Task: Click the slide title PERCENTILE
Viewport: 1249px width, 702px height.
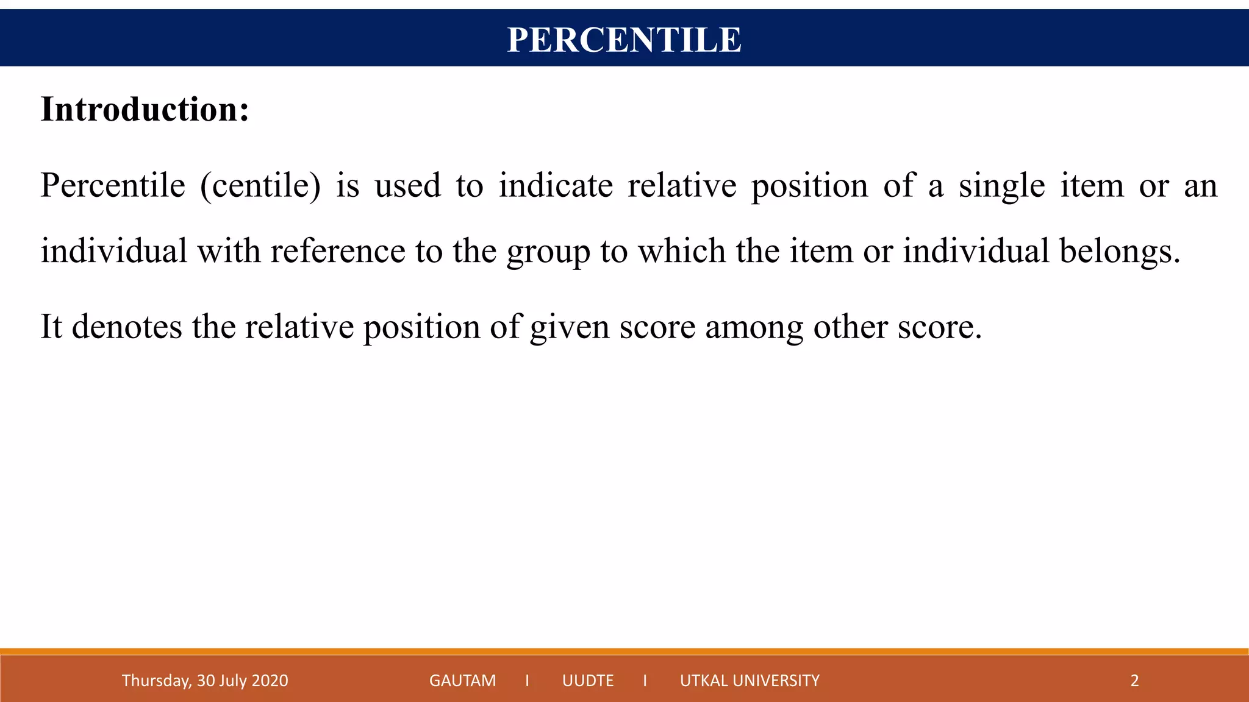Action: click(624, 40)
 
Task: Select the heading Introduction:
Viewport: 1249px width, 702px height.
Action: click(145, 110)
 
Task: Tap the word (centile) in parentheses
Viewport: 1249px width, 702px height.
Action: click(260, 186)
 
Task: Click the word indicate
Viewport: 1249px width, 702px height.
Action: click(556, 186)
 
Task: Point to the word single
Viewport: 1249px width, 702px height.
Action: click(1001, 186)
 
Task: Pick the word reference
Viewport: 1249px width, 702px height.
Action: click(338, 251)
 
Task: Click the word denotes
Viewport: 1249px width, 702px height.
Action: click(127, 327)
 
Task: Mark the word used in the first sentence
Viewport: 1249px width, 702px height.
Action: click(407, 186)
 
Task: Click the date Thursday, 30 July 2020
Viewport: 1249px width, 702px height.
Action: click(205, 680)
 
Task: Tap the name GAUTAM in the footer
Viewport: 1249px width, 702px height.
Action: click(462, 680)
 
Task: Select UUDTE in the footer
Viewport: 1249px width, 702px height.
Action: click(588, 680)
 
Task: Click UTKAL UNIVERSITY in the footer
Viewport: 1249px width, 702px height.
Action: click(750, 680)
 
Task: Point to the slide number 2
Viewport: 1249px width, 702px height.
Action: click(1134, 680)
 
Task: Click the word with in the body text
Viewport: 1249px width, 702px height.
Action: click(229, 251)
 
